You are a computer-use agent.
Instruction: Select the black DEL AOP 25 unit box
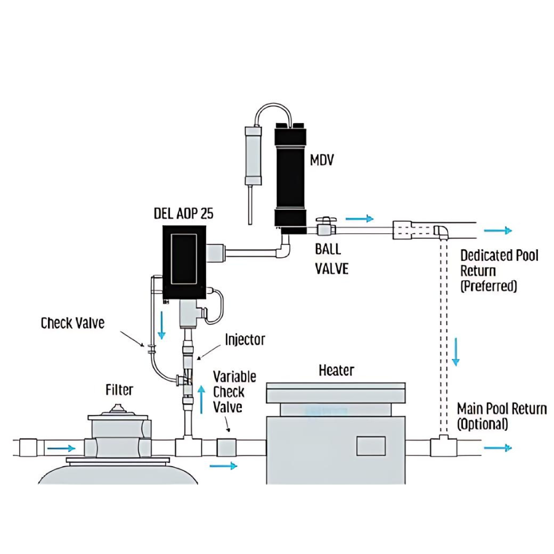pos(184,262)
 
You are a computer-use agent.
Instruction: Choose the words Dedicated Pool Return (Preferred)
pos(499,270)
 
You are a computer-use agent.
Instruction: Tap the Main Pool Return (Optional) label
pos(501,416)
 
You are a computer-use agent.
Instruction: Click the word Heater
pos(336,370)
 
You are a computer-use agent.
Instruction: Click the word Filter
pos(119,390)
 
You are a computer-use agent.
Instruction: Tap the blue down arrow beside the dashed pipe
pos(456,351)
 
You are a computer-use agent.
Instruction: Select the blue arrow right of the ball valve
pos(359,218)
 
